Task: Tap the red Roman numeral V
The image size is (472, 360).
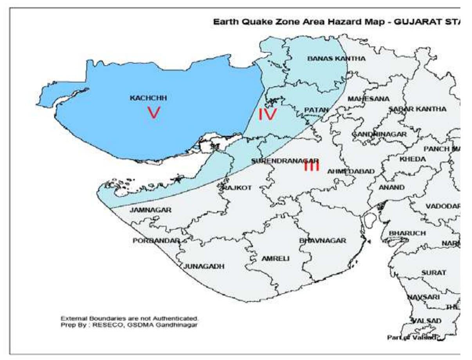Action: point(153,113)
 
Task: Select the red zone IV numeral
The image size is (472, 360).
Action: point(267,115)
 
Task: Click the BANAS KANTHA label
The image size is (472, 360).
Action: point(336,59)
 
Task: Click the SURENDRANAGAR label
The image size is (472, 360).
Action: point(285,161)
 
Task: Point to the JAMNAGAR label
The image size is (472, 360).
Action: point(151,210)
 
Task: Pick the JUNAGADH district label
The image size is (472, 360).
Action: point(204,266)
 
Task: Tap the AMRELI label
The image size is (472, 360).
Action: point(276,259)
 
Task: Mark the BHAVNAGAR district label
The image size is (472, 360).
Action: point(322,241)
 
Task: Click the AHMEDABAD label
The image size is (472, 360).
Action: point(351,171)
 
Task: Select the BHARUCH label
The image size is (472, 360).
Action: point(407,233)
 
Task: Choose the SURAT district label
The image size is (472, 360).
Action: point(434,272)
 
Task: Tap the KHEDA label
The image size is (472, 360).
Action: point(412,160)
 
